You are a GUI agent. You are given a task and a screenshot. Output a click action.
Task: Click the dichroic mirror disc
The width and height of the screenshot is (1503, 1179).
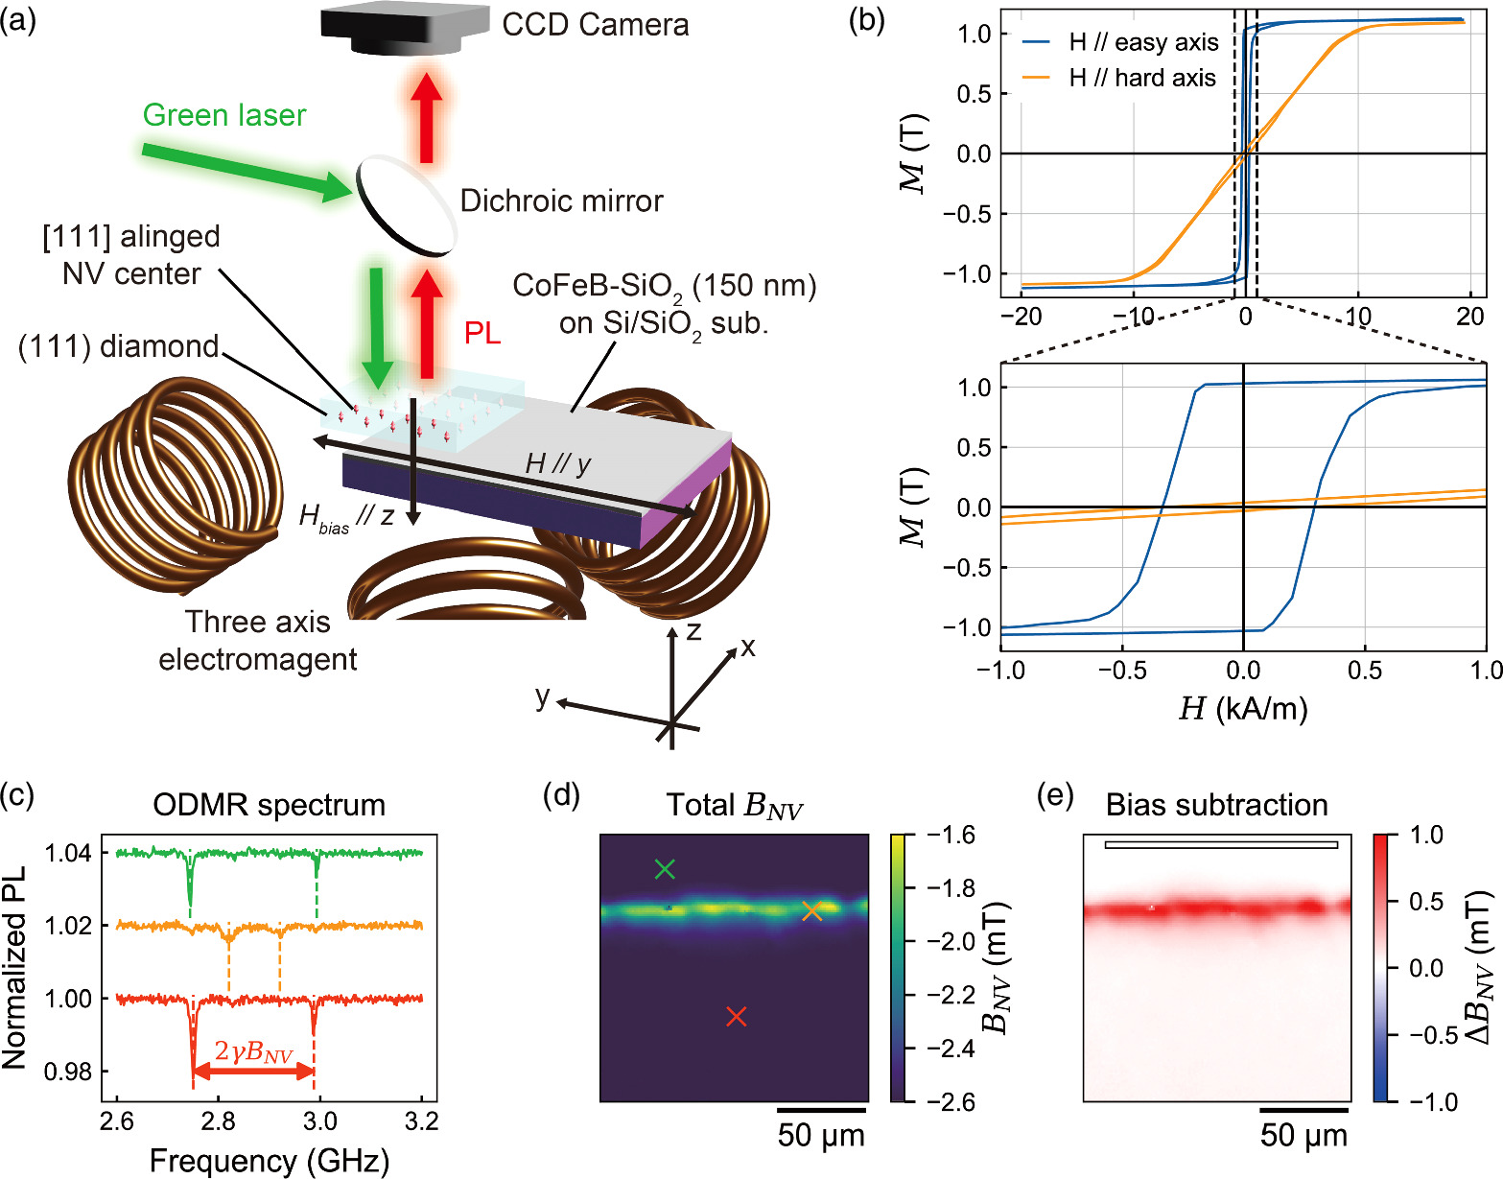[x=406, y=206]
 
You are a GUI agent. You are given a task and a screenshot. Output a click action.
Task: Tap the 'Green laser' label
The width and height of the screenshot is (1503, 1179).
[x=224, y=115]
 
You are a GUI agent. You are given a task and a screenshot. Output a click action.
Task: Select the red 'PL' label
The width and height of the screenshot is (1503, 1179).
[x=482, y=333]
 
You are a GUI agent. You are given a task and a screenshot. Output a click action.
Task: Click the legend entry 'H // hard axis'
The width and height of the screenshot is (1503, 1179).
[x=1142, y=78]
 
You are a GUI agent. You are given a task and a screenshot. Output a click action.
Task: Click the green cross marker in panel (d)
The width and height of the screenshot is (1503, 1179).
[x=665, y=869]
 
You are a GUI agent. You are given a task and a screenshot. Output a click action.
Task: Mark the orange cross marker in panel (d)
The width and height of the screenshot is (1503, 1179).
[x=812, y=911]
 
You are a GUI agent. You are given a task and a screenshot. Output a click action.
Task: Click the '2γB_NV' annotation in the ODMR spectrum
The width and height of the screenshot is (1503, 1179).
[x=253, y=1051]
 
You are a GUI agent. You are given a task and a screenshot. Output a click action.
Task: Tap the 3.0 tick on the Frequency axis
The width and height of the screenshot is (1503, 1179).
[x=319, y=1121]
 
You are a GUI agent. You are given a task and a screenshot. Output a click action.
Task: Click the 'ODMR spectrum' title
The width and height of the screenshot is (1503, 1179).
[x=269, y=805]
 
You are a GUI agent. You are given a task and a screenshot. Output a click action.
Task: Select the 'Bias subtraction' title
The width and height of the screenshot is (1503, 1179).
[x=1216, y=805]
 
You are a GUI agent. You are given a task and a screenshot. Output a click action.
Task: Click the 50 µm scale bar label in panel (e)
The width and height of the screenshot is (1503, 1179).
[x=1303, y=1136]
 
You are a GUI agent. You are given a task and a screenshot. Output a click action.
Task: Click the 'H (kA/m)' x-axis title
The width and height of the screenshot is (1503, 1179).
[x=1243, y=709]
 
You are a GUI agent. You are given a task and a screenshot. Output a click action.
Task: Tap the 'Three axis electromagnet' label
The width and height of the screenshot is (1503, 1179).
[x=258, y=640]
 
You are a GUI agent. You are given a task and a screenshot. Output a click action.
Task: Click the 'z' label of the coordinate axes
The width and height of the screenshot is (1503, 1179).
[x=693, y=631]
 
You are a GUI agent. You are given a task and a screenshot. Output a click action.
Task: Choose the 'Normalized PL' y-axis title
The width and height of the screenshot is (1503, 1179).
[x=14, y=968]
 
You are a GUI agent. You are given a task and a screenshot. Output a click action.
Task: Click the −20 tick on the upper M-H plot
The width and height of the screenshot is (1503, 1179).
[x=1021, y=317]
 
